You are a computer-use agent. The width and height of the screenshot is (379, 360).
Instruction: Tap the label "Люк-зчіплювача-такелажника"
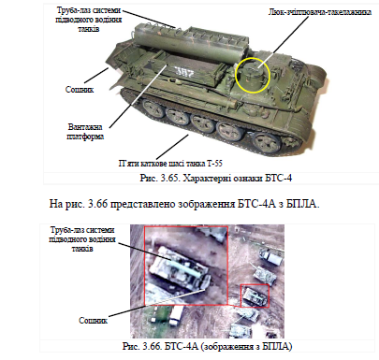(x=319, y=12)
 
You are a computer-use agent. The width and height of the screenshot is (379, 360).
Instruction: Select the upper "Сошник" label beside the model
(x=80, y=90)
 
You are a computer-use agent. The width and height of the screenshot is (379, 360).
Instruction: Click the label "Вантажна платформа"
(x=85, y=132)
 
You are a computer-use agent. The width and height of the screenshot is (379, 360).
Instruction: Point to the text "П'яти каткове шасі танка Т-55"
(x=170, y=164)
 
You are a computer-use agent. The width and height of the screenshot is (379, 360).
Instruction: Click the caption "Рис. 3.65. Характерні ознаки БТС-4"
(x=216, y=178)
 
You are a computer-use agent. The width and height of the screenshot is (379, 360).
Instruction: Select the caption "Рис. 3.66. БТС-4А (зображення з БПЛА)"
(x=207, y=346)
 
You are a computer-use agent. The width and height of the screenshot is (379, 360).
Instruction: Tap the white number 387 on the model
(x=183, y=72)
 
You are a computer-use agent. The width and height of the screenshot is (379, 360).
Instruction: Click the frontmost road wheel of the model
(x=267, y=143)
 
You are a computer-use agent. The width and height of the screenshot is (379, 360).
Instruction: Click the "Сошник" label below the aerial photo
(x=93, y=321)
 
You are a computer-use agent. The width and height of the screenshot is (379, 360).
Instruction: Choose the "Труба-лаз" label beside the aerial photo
(x=82, y=239)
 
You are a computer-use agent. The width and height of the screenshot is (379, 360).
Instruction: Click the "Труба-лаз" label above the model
(x=89, y=20)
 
